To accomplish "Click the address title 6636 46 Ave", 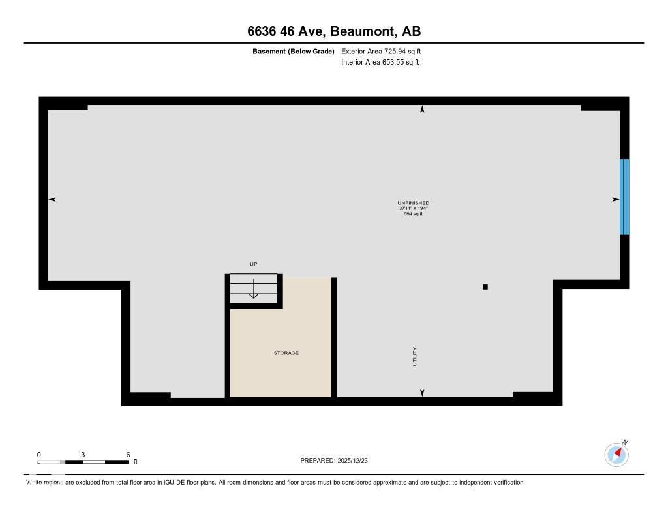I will click(x=333, y=31).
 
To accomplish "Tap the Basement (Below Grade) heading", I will click(x=293, y=51).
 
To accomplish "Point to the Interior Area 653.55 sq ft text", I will click(x=380, y=63).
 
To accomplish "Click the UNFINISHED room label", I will click(x=413, y=203).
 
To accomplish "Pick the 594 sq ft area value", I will click(x=413, y=214).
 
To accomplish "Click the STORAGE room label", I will click(x=286, y=353).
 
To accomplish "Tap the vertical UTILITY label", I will click(x=414, y=356).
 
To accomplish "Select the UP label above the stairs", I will click(x=254, y=264).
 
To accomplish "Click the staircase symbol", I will click(x=254, y=288).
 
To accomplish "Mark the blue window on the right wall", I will click(x=624, y=196).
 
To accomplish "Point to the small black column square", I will click(x=485, y=287).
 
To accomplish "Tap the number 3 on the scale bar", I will click(x=83, y=455).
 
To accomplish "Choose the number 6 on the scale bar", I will click(x=128, y=455).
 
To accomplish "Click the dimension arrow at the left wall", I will click(x=52, y=199).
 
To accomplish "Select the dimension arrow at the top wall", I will click(x=422, y=110).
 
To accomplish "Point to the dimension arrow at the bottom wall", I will click(x=422, y=393).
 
